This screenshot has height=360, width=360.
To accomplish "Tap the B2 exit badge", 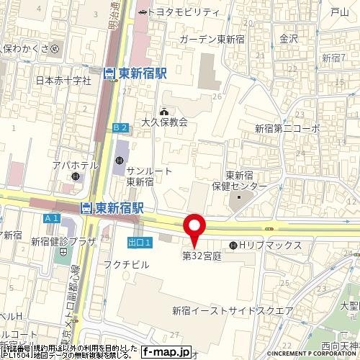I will coord(120,127).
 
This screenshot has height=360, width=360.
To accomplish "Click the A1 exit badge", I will coord(50,217).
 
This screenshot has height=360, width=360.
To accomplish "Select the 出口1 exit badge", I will coord(139,243).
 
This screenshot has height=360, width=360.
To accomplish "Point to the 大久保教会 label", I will coord(164,122).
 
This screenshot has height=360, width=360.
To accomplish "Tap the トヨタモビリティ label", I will coord(184,12).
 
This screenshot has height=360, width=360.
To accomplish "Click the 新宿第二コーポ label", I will coord(287,127).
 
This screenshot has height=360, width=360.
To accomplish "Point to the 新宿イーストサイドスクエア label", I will coord(232,310).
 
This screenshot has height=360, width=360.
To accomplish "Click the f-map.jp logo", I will coord(166,352).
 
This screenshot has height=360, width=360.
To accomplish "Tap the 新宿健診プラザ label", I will coord(63,242).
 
